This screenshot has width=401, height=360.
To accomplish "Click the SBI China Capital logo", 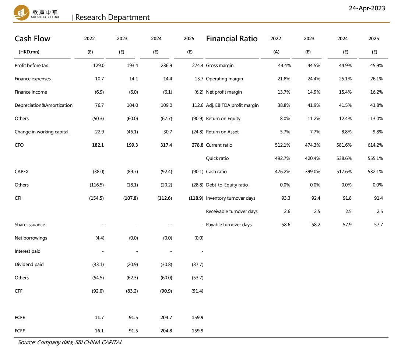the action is click(36, 13).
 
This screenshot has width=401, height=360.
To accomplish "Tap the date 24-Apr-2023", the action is click(367, 8).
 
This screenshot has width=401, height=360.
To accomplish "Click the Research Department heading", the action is click(112, 17).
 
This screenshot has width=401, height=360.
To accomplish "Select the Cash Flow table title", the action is click(32, 39).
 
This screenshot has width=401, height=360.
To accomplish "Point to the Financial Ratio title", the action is click(232, 39).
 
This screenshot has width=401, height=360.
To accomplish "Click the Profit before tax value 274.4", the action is click(197, 66).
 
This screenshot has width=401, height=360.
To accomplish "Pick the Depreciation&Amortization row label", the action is click(43, 105).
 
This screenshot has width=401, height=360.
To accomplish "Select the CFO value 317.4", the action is click(166, 145).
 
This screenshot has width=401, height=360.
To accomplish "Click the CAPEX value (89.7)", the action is click(132, 171).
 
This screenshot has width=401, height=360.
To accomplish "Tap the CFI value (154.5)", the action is click(96, 198).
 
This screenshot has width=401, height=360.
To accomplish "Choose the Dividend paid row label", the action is click(29, 264).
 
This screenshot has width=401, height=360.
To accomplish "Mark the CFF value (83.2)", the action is click(132, 291).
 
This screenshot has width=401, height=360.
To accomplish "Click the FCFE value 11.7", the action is click(99, 318).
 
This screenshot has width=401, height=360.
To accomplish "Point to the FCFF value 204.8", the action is click(166, 331).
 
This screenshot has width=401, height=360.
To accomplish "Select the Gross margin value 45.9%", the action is click(376, 66).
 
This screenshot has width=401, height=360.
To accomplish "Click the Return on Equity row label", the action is click(223, 119).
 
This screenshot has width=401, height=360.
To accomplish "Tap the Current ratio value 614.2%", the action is click(375, 145).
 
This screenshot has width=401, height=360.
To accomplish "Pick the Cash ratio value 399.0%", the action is click(312, 171).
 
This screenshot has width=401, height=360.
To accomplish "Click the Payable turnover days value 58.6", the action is click(286, 225).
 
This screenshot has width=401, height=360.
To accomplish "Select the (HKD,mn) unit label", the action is click(29, 52).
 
